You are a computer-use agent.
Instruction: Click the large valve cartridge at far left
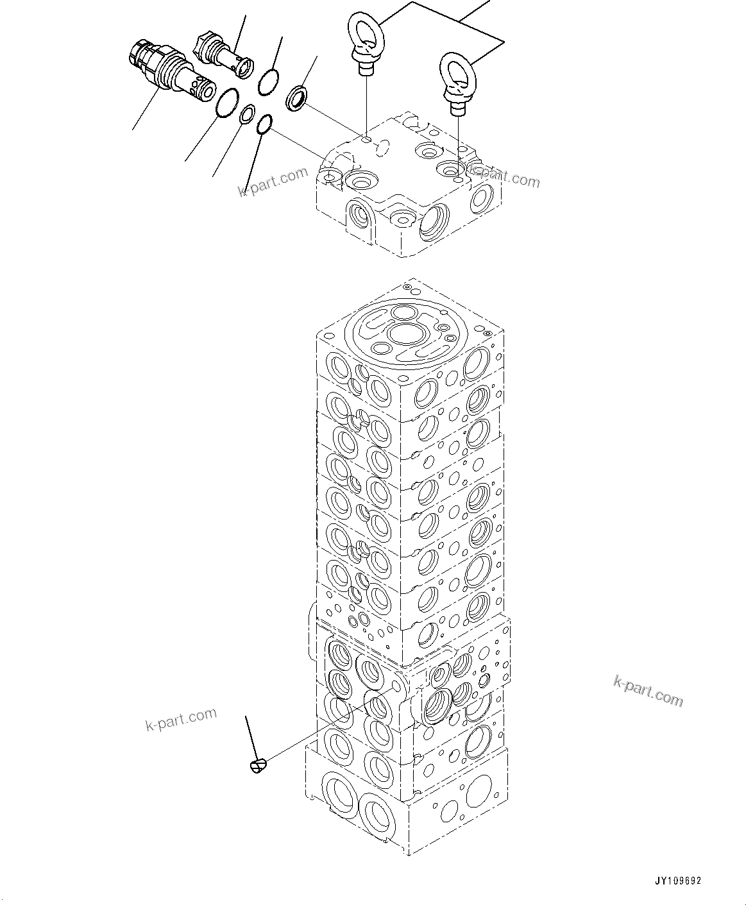pos(168,70)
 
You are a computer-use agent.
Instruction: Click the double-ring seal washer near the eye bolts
pos(296,97)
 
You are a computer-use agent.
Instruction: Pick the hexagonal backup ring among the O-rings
pos(246,115)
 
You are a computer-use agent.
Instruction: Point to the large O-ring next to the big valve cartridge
pos(228,104)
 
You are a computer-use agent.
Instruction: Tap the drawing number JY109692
pos(678,881)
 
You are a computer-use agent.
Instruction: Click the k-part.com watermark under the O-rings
pos(273,183)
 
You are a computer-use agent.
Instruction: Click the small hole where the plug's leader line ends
pos(395,687)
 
